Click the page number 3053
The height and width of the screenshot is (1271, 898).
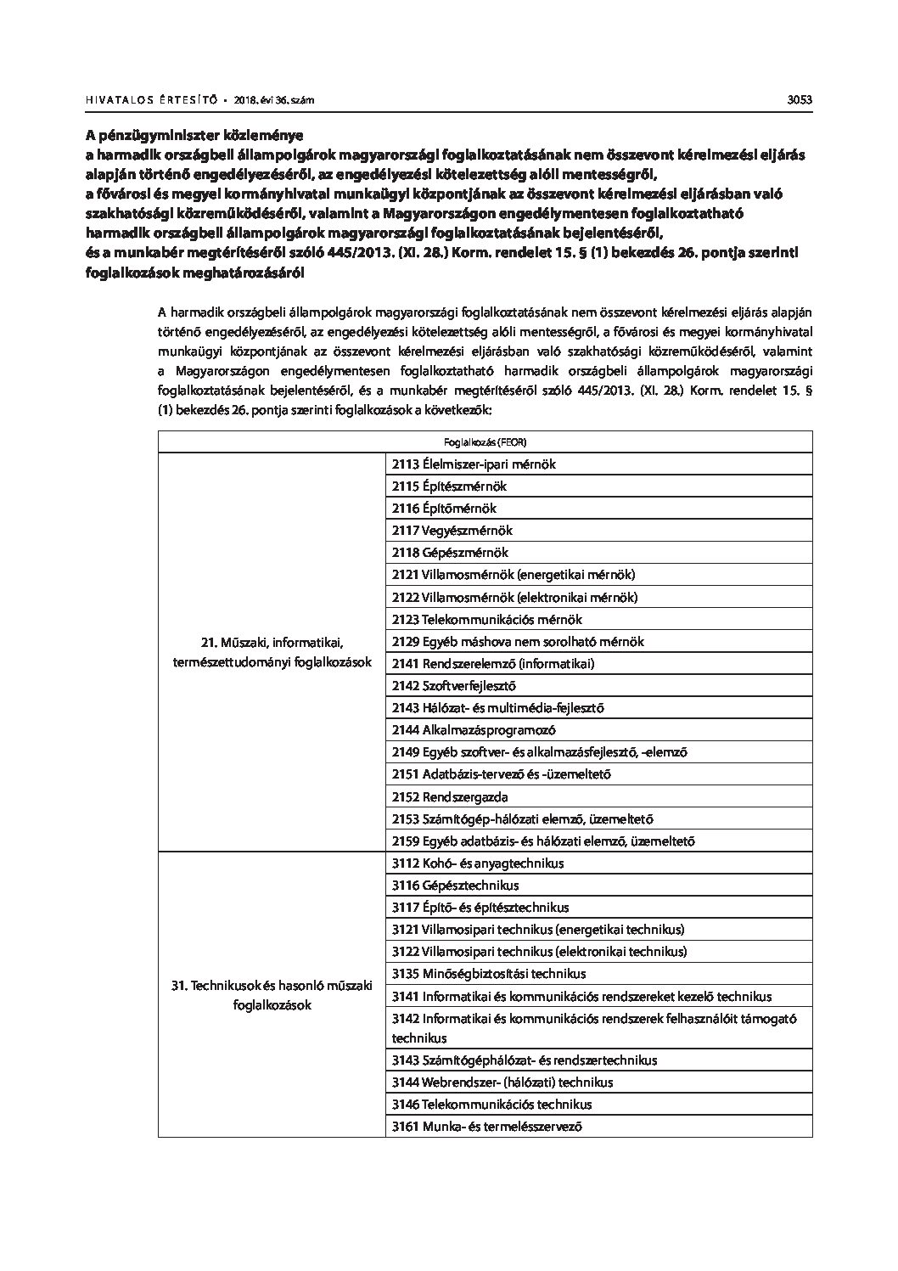tap(800, 99)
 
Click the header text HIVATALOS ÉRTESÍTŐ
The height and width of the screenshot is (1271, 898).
tap(149, 100)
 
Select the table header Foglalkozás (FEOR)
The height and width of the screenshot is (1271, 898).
tap(485, 441)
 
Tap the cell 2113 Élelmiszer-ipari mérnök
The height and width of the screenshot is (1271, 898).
tap(474, 464)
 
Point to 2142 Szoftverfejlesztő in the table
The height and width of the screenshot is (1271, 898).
tap(453, 686)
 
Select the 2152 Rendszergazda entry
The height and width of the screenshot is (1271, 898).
tap(450, 797)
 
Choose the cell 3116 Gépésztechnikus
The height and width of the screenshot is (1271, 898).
tap(455, 886)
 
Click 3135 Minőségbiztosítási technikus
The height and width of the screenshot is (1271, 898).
tap(488, 974)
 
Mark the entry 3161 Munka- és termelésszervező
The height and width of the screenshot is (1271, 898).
tap(486, 1127)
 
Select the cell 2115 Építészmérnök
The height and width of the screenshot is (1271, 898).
tap(449, 486)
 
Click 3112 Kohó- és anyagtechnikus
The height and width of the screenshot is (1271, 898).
tap(478, 863)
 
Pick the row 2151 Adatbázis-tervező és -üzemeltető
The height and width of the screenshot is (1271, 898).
tap(501, 774)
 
